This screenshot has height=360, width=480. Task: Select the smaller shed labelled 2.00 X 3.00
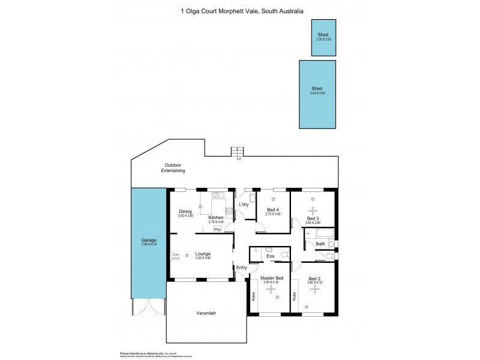[323, 37]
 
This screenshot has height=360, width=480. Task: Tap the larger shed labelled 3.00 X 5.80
[318, 93]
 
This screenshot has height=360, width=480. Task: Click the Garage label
[148, 240]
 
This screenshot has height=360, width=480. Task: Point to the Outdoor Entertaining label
[173, 168]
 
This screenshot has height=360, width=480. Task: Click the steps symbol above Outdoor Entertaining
[239, 152]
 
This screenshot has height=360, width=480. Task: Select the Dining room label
[185, 211]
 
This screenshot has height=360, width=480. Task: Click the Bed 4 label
[273, 209]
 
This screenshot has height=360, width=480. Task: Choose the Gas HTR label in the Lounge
[176, 255]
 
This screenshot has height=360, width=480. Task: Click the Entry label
[241, 268]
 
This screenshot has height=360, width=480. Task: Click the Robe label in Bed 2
[295, 296]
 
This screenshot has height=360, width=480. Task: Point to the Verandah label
[206, 313]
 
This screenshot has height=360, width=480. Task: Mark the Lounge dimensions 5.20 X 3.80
[203, 258]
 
